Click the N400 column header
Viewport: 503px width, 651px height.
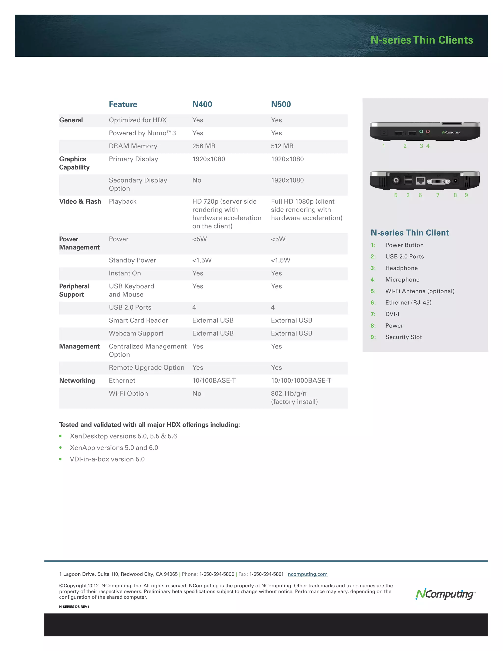point(202,104)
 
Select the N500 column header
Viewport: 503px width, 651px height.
point(281,104)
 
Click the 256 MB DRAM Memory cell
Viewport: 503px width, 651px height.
point(204,146)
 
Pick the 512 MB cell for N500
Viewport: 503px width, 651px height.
point(282,146)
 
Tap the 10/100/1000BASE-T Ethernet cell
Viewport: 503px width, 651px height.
point(301,380)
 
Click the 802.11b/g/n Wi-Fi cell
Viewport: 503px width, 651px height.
point(288,394)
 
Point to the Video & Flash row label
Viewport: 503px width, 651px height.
point(80,201)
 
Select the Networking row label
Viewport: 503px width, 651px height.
point(77,380)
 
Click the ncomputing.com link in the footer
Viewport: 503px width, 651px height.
point(307,574)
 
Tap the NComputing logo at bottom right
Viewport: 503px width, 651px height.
point(445,594)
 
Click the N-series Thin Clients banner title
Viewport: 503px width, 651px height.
point(421,40)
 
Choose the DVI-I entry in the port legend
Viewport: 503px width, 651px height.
point(392,314)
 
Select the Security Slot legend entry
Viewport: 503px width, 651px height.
point(404,337)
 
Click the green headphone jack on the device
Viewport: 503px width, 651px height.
point(421,131)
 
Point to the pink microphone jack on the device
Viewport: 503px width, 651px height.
point(428,131)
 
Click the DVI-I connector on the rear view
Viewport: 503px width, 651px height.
point(439,181)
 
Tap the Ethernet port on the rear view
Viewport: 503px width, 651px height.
point(420,181)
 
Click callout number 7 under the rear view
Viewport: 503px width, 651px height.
point(438,195)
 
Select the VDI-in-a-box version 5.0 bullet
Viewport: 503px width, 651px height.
point(107,459)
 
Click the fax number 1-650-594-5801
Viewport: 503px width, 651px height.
point(266,574)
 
